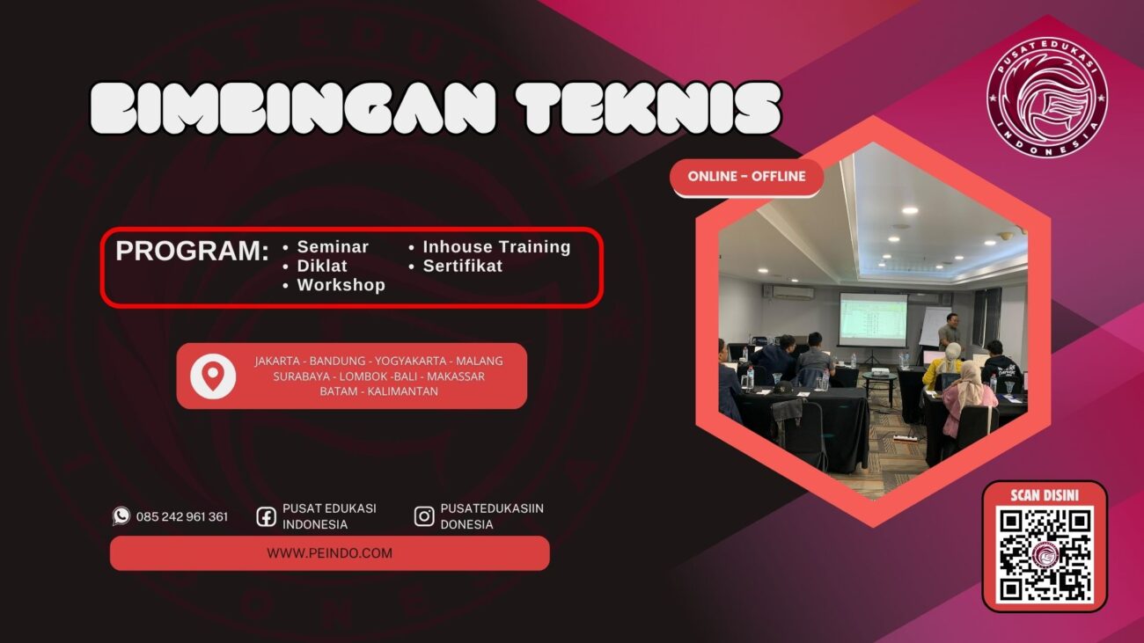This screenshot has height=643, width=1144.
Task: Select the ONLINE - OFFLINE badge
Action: click(x=746, y=177)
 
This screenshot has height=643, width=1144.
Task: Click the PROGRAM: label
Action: click(x=192, y=252)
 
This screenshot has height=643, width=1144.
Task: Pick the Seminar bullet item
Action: click(x=333, y=247)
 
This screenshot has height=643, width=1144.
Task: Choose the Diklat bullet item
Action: click(x=322, y=266)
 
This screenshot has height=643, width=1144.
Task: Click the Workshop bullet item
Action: click(x=341, y=285)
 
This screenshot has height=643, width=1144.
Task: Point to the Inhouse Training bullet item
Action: click(x=496, y=247)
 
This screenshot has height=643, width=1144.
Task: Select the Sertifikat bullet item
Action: click(x=462, y=266)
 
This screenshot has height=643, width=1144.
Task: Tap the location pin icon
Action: click(x=213, y=376)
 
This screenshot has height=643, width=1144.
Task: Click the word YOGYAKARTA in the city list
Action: click(x=412, y=362)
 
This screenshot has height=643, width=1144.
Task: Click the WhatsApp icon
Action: click(x=121, y=516)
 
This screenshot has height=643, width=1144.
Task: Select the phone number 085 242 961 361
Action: click(x=182, y=517)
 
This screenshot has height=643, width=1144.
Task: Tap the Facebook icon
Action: click(x=267, y=516)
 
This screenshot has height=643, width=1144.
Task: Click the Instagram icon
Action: click(x=424, y=516)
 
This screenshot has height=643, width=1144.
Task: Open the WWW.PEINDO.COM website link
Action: click(x=329, y=553)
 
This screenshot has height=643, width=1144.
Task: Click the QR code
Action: click(x=1045, y=555)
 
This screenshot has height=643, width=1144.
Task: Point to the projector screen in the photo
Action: click(x=872, y=318)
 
